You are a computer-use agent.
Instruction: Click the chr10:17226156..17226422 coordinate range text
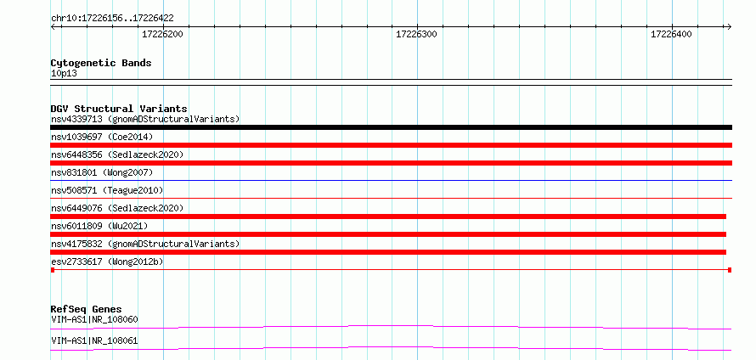point(112,19)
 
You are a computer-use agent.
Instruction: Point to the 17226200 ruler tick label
point(162,34)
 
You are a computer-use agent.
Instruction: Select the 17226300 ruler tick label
point(416,34)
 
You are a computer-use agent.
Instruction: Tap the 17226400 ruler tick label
point(671,34)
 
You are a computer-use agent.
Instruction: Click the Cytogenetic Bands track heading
point(101,63)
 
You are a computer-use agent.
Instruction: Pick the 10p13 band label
point(64,74)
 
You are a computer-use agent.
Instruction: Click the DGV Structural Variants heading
point(119,109)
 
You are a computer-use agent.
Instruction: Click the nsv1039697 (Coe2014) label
point(102,137)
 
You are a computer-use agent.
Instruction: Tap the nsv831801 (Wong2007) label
point(102,172)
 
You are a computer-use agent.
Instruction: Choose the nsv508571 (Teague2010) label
point(107,190)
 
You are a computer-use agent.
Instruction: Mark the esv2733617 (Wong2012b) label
point(107,262)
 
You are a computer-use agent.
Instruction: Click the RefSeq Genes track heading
point(87,309)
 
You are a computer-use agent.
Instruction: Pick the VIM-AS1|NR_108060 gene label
point(94,319)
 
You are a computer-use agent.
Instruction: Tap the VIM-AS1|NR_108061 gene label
point(94,341)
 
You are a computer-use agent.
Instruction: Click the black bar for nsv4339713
point(391,127)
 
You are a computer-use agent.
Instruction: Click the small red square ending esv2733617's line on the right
point(730,270)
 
